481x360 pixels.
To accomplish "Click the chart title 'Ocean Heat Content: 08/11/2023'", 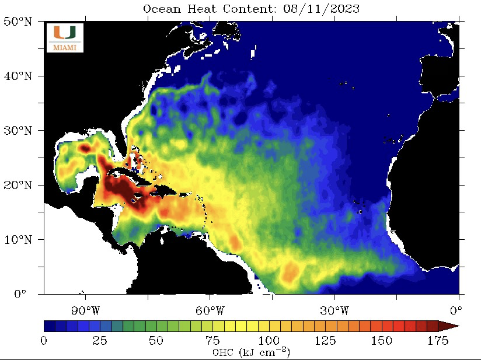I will (x=251, y=9).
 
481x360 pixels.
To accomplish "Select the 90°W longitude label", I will (x=85, y=309).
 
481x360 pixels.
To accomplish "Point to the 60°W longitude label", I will (x=210, y=309).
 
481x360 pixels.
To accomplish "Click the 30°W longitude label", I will (x=334, y=309).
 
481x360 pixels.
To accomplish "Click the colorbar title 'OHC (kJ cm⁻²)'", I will (x=251, y=352).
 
